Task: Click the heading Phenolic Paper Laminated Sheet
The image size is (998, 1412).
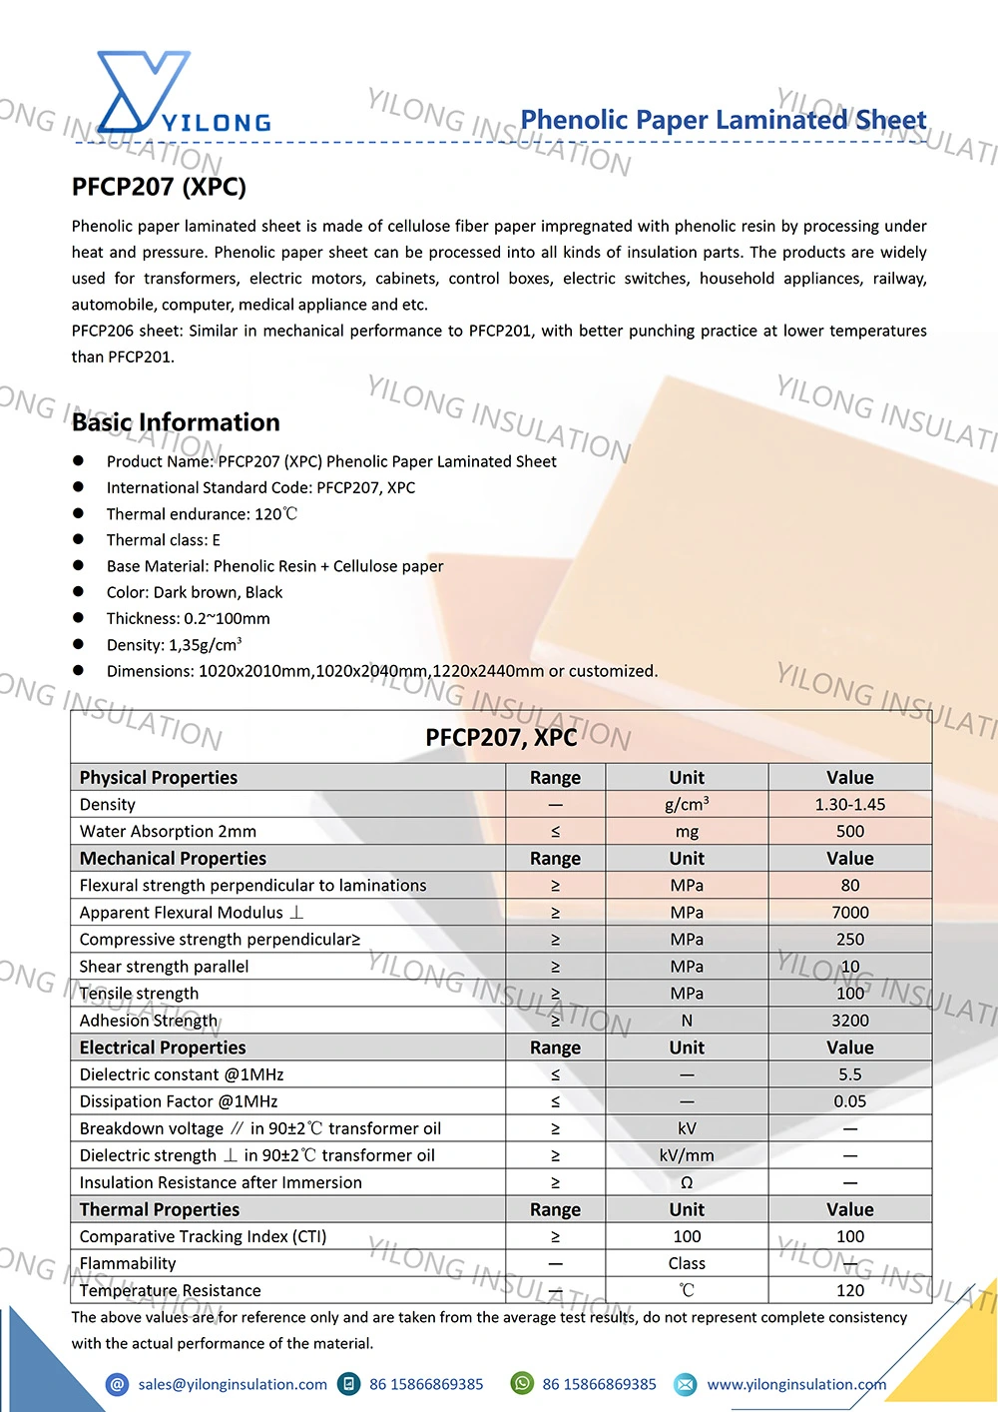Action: (x=724, y=120)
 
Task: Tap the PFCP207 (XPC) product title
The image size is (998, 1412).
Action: (x=159, y=187)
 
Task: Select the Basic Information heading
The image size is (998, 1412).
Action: (x=176, y=422)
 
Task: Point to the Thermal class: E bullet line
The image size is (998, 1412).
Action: (x=163, y=540)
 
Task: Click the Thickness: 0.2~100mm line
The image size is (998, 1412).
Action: (x=188, y=618)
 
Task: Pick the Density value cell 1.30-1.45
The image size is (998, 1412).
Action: (x=849, y=805)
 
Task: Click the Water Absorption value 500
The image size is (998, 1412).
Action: (x=849, y=832)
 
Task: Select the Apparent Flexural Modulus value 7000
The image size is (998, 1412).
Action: (x=849, y=913)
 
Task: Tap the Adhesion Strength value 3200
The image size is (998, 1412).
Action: (x=849, y=1021)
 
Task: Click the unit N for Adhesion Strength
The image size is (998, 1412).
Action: (x=687, y=1021)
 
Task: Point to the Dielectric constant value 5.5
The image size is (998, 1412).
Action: (x=849, y=1074)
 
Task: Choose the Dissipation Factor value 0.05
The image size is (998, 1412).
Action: (x=849, y=1101)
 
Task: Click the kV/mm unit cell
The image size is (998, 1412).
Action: (x=687, y=1155)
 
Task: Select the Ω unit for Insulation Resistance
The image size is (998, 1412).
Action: (x=687, y=1182)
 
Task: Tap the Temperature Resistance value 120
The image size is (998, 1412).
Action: (x=849, y=1290)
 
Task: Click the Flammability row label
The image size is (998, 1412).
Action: (x=128, y=1263)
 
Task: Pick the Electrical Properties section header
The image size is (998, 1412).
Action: (x=163, y=1048)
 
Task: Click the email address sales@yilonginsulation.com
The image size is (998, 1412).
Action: (x=233, y=1384)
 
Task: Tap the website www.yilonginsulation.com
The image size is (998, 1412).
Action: (x=796, y=1384)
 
